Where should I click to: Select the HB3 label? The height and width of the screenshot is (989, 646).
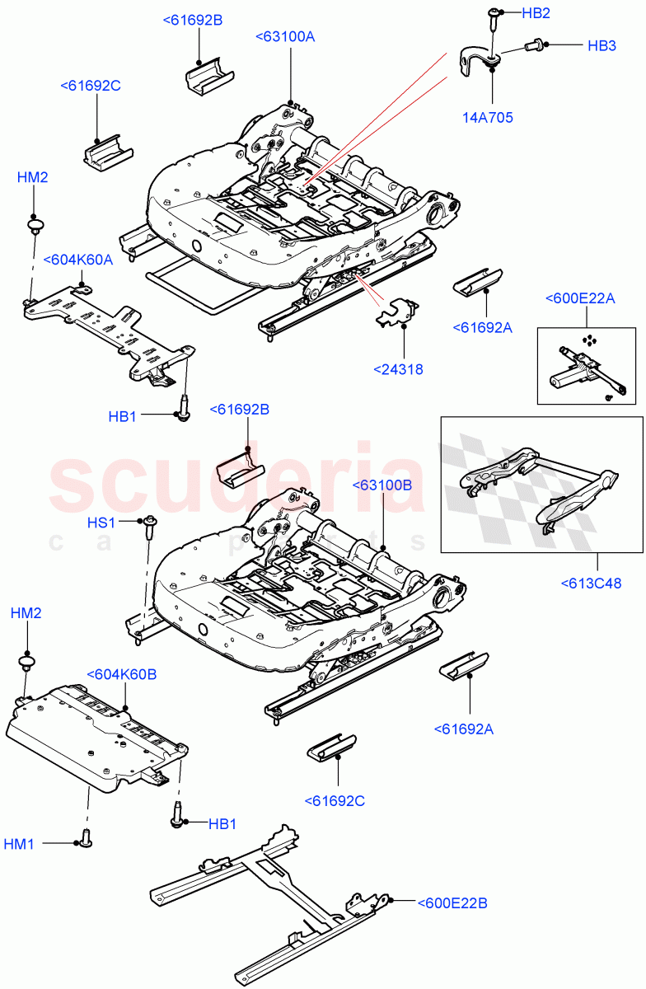coord(602,46)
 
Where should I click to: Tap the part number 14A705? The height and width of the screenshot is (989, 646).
coord(487,118)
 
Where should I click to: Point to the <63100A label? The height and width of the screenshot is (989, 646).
coord(285,37)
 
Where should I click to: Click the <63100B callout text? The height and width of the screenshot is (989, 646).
coord(383,485)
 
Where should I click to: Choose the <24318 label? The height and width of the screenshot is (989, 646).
coord(398,369)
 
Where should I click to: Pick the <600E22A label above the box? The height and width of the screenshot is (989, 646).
coord(580,298)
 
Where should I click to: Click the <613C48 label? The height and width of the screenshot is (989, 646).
coord(592,584)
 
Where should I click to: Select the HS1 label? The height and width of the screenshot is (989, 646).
coord(102,523)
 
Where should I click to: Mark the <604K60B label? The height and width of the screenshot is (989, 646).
coord(122,674)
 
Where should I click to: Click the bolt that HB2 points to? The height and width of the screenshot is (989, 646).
coord(493,14)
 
